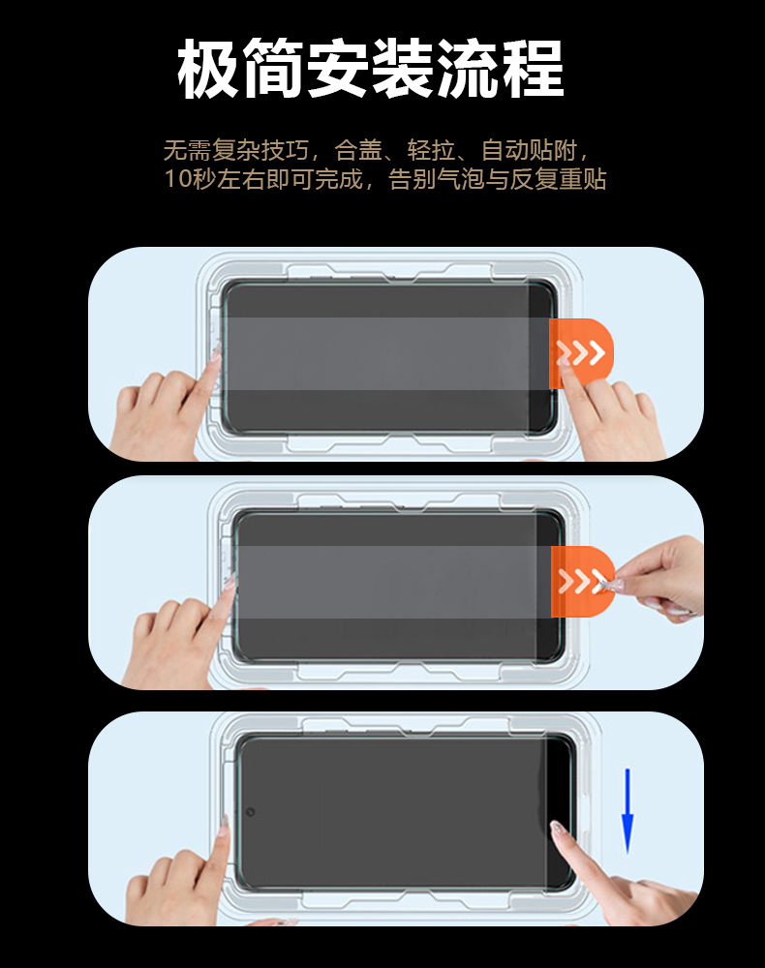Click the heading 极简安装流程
click(x=371, y=68)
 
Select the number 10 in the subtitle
click(x=177, y=179)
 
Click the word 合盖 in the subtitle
click(x=358, y=150)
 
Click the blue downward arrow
click(x=627, y=811)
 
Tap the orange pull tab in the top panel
click(x=580, y=353)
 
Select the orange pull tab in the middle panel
click(x=582, y=582)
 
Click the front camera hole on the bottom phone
click(x=250, y=812)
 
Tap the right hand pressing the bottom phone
click(x=618, y=877)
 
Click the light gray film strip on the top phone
click(x=386, y=353)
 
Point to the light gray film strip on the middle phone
click(x=394, y=582)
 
